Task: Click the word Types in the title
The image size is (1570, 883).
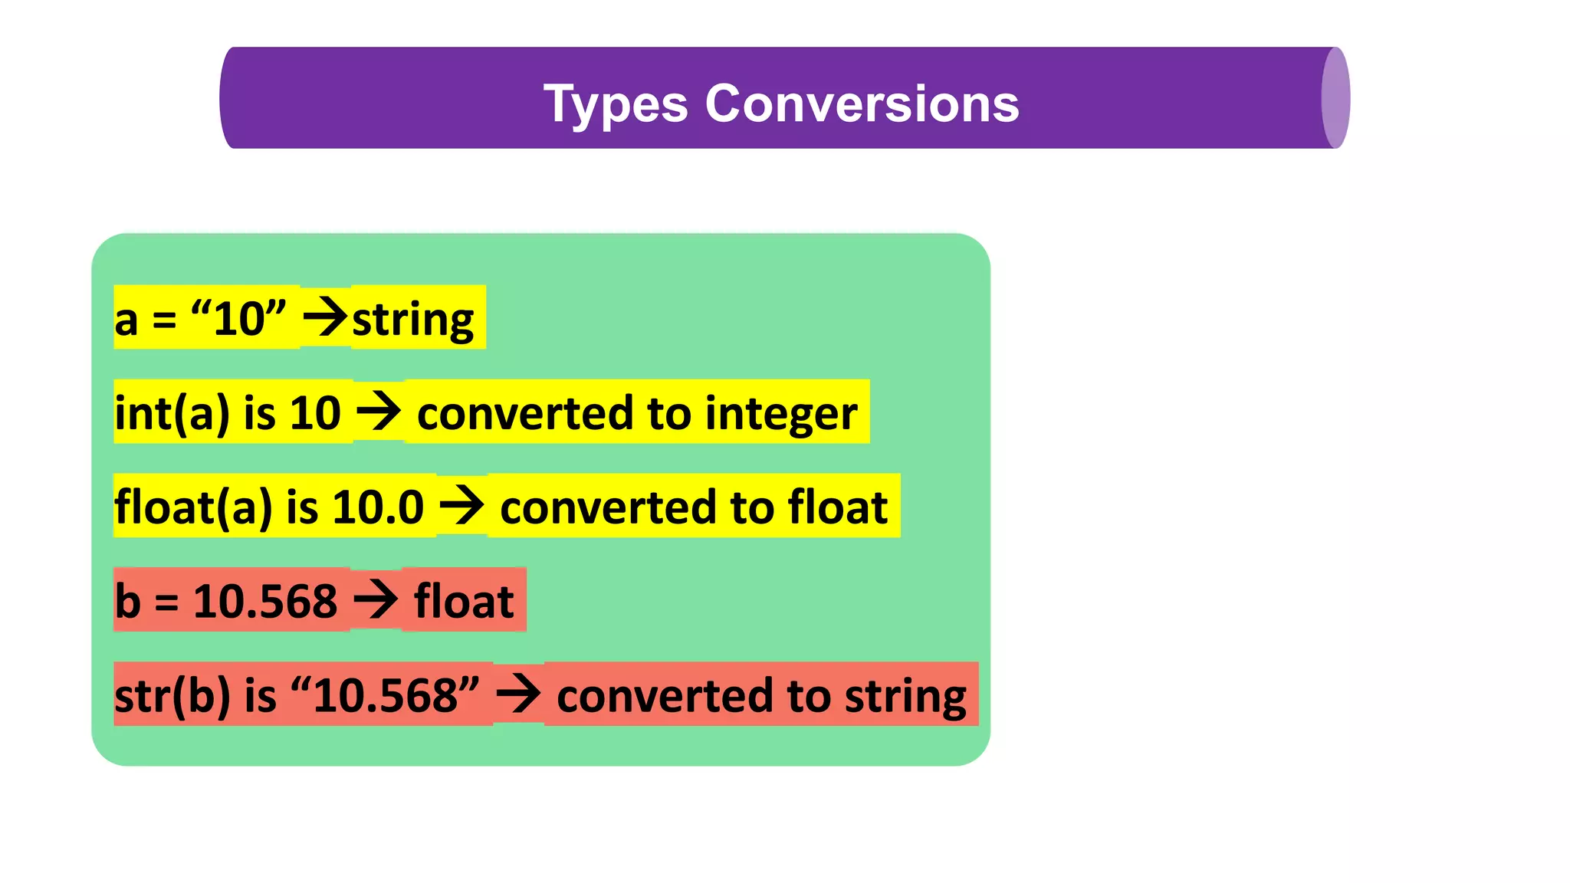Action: tap(616, 104)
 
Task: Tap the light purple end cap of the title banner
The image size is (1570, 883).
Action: tap(1335, 98)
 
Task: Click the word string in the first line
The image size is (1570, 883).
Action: tap(412, 320)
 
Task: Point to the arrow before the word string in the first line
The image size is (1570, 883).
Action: tap(326, 318)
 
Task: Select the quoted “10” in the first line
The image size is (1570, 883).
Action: tap(238, 318)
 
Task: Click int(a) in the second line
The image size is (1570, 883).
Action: tap(172, 413)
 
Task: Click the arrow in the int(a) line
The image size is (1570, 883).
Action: tap(379, 412)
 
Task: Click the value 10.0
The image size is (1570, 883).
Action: tap(378, 507)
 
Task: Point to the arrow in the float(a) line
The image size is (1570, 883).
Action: tap(461, 506)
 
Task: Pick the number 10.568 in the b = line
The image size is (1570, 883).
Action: tap(264, 601)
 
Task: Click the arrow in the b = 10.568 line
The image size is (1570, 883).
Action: tap(376, 599)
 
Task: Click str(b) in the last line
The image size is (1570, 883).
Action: tap(172, 696)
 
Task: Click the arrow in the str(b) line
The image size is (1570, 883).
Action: tap(518, 694)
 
